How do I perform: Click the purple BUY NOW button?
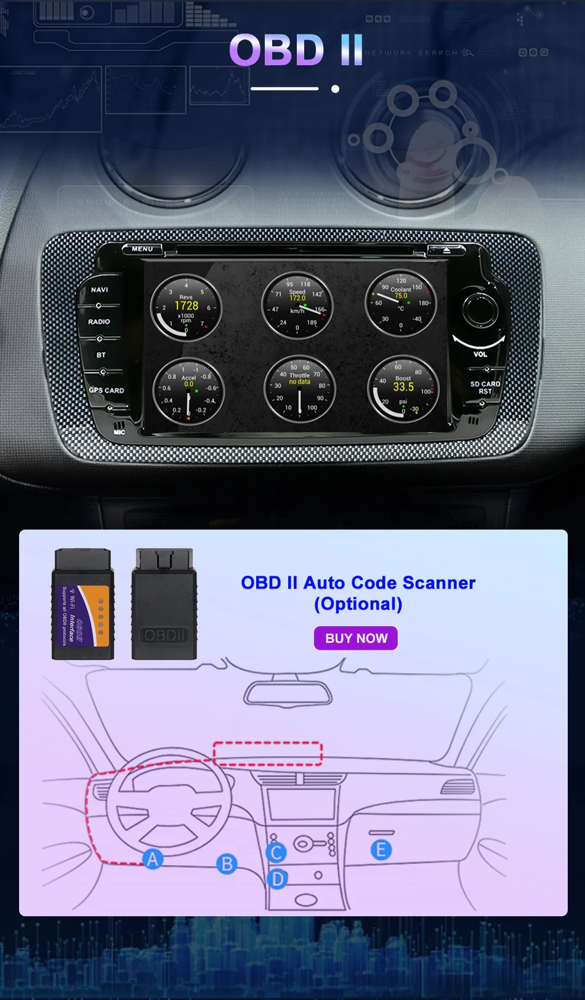356,638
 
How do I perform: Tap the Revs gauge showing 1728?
186,307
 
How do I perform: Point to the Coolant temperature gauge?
401,303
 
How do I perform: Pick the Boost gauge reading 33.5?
403,389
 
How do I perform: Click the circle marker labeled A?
153,858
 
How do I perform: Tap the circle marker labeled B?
227,864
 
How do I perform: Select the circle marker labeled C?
276,852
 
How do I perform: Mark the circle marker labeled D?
278,879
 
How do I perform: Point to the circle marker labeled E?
381,850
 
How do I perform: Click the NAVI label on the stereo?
99,289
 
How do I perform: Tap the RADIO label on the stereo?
99,321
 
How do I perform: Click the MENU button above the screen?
142,249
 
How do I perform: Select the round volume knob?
480,310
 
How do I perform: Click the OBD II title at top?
296,50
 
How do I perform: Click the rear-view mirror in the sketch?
288,693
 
